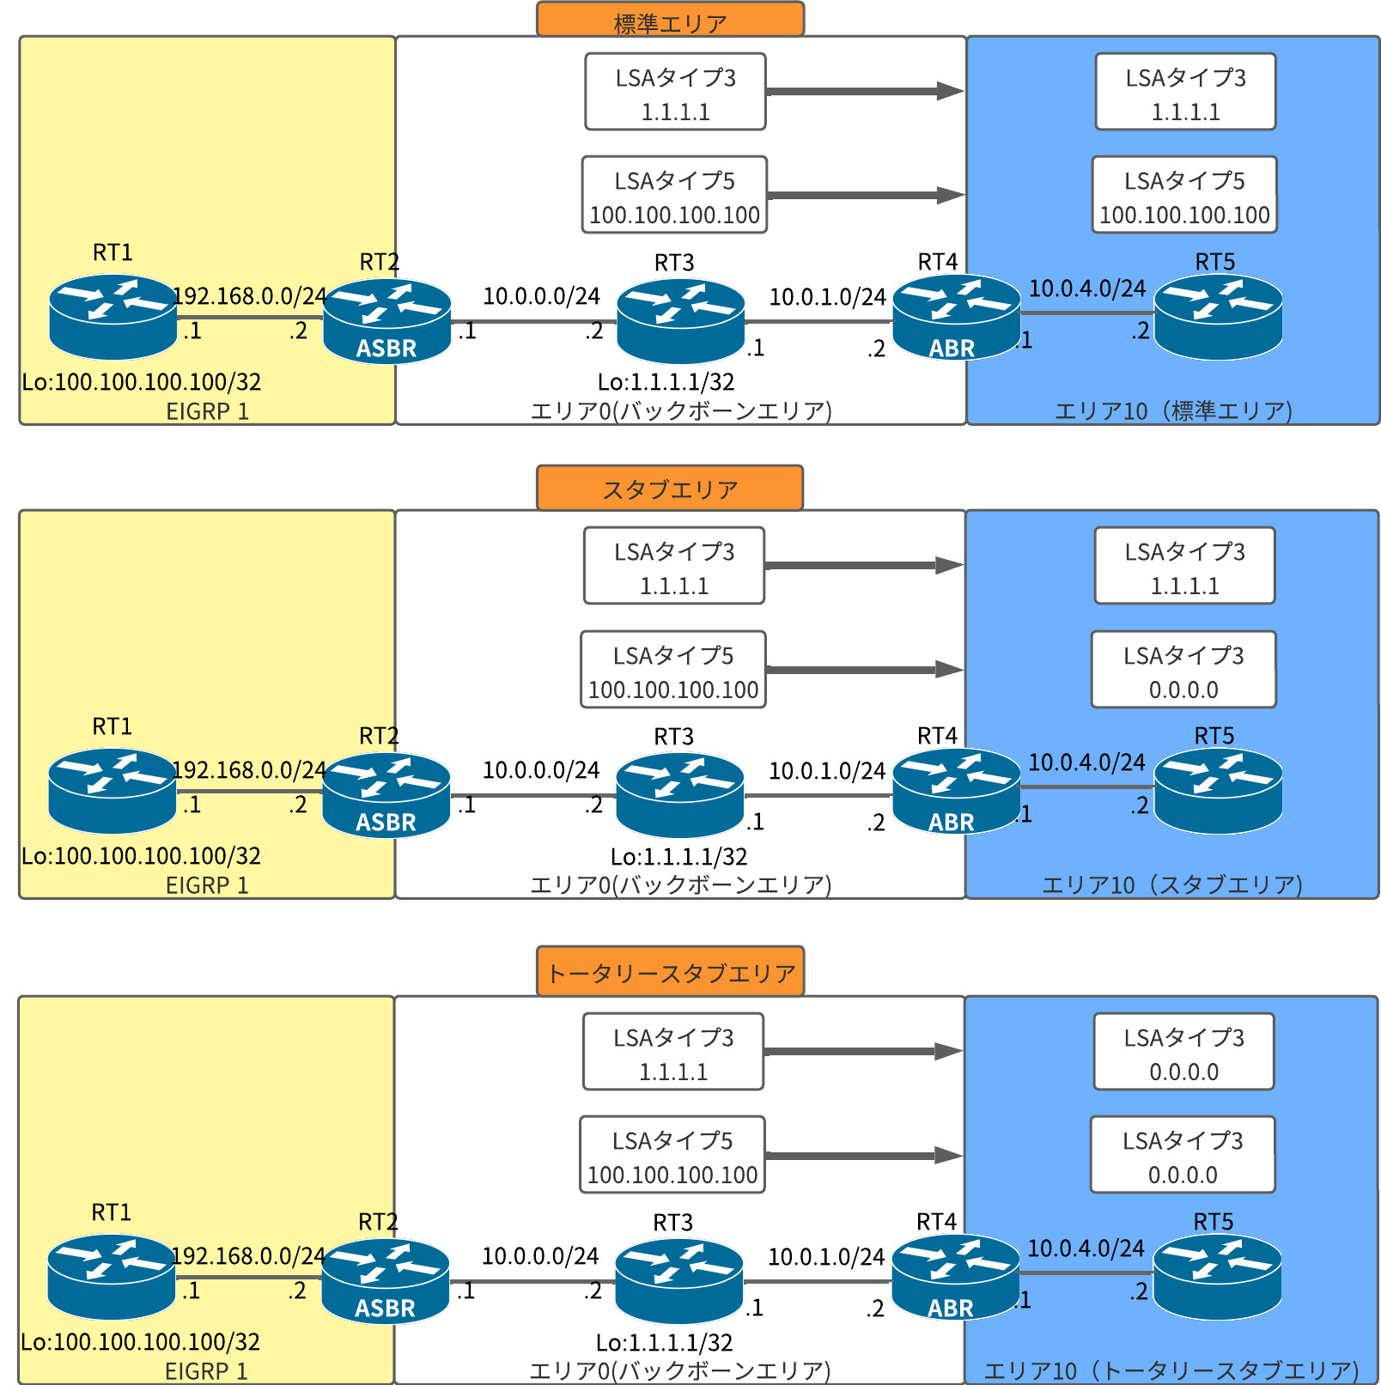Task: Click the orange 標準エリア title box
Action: (670, 20)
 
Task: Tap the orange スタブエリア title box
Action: (670, 488)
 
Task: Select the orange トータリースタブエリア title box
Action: (670, 971)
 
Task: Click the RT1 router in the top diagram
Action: (113, 316)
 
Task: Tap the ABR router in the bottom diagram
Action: (955, 1277)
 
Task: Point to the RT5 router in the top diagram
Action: (1218, 316)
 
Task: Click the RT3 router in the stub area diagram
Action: (680, 794)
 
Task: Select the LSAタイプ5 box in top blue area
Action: (1184, 195)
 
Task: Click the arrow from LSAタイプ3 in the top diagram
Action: (864, 91)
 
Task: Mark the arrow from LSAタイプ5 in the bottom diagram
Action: (863, 1155)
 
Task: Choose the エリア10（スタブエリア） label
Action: (1172, 884)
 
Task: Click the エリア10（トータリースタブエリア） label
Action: (1171, 1370)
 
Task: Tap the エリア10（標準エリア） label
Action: (1173, 410)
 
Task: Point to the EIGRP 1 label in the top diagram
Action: (207, 411)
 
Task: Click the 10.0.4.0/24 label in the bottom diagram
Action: (1086, 1248)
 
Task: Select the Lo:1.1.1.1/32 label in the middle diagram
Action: (678, 856)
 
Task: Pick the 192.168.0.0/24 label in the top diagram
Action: (249, 296)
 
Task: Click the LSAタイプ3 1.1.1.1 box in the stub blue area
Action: (1184, 566)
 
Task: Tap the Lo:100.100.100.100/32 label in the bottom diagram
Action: (140, 1341)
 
